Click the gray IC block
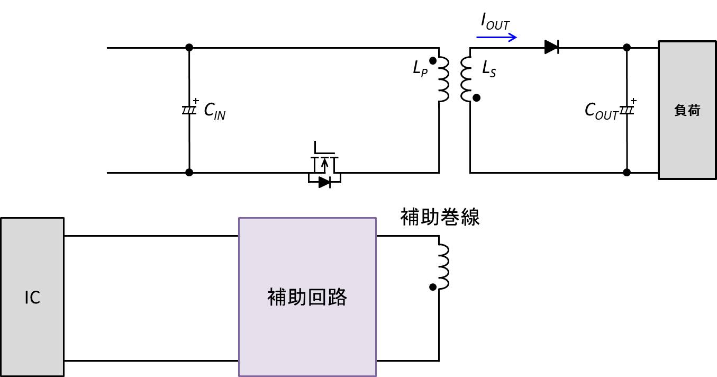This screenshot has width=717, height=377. (32, 297)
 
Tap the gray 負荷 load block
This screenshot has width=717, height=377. (687, 111)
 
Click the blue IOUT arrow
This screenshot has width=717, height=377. (496, 38)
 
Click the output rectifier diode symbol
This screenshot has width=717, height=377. (551, 48)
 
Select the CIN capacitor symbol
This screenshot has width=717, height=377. (189, 110)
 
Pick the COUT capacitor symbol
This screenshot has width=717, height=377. (627, 110)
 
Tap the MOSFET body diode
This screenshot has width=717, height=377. (324, 182)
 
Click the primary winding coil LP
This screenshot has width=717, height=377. (443, 79)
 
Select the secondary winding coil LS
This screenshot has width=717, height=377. (466, 79)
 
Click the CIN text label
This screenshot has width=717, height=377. (215, 111)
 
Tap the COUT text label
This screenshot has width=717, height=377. (601, 111)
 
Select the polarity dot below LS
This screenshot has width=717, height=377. (476, 98)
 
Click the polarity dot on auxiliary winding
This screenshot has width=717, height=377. (433, 287)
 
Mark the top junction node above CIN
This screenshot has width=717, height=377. (189, 48)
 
